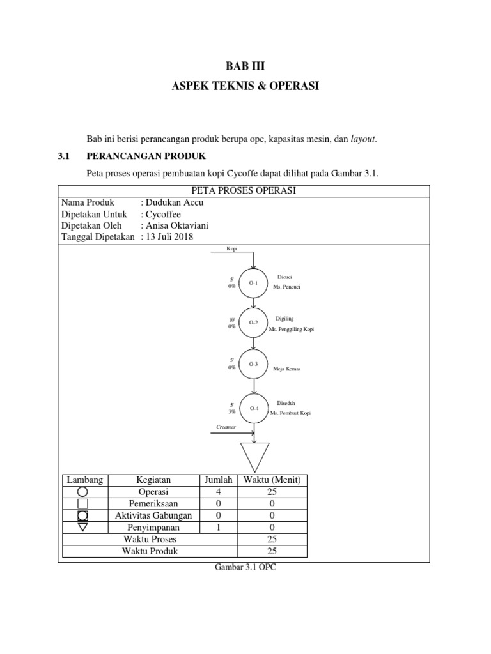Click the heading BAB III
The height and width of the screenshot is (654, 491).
coord(245,65)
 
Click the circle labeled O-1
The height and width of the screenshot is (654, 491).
coord(254,282)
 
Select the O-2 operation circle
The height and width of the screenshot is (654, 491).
coord(254,323)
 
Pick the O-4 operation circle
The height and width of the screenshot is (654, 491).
coord(254,408)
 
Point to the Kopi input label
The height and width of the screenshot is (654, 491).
coord(231,248)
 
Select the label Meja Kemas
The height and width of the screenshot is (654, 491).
coord(287,369)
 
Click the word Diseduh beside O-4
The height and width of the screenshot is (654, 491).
coord(286,403)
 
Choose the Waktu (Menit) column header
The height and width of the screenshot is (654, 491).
coord(272,480)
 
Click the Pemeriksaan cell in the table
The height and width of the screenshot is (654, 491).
coord(153,503)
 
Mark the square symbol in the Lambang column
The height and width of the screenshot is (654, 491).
coord(82,504)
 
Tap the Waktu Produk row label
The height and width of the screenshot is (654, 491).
coord(150,551)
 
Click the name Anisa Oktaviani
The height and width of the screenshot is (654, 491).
coord(175,225)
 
